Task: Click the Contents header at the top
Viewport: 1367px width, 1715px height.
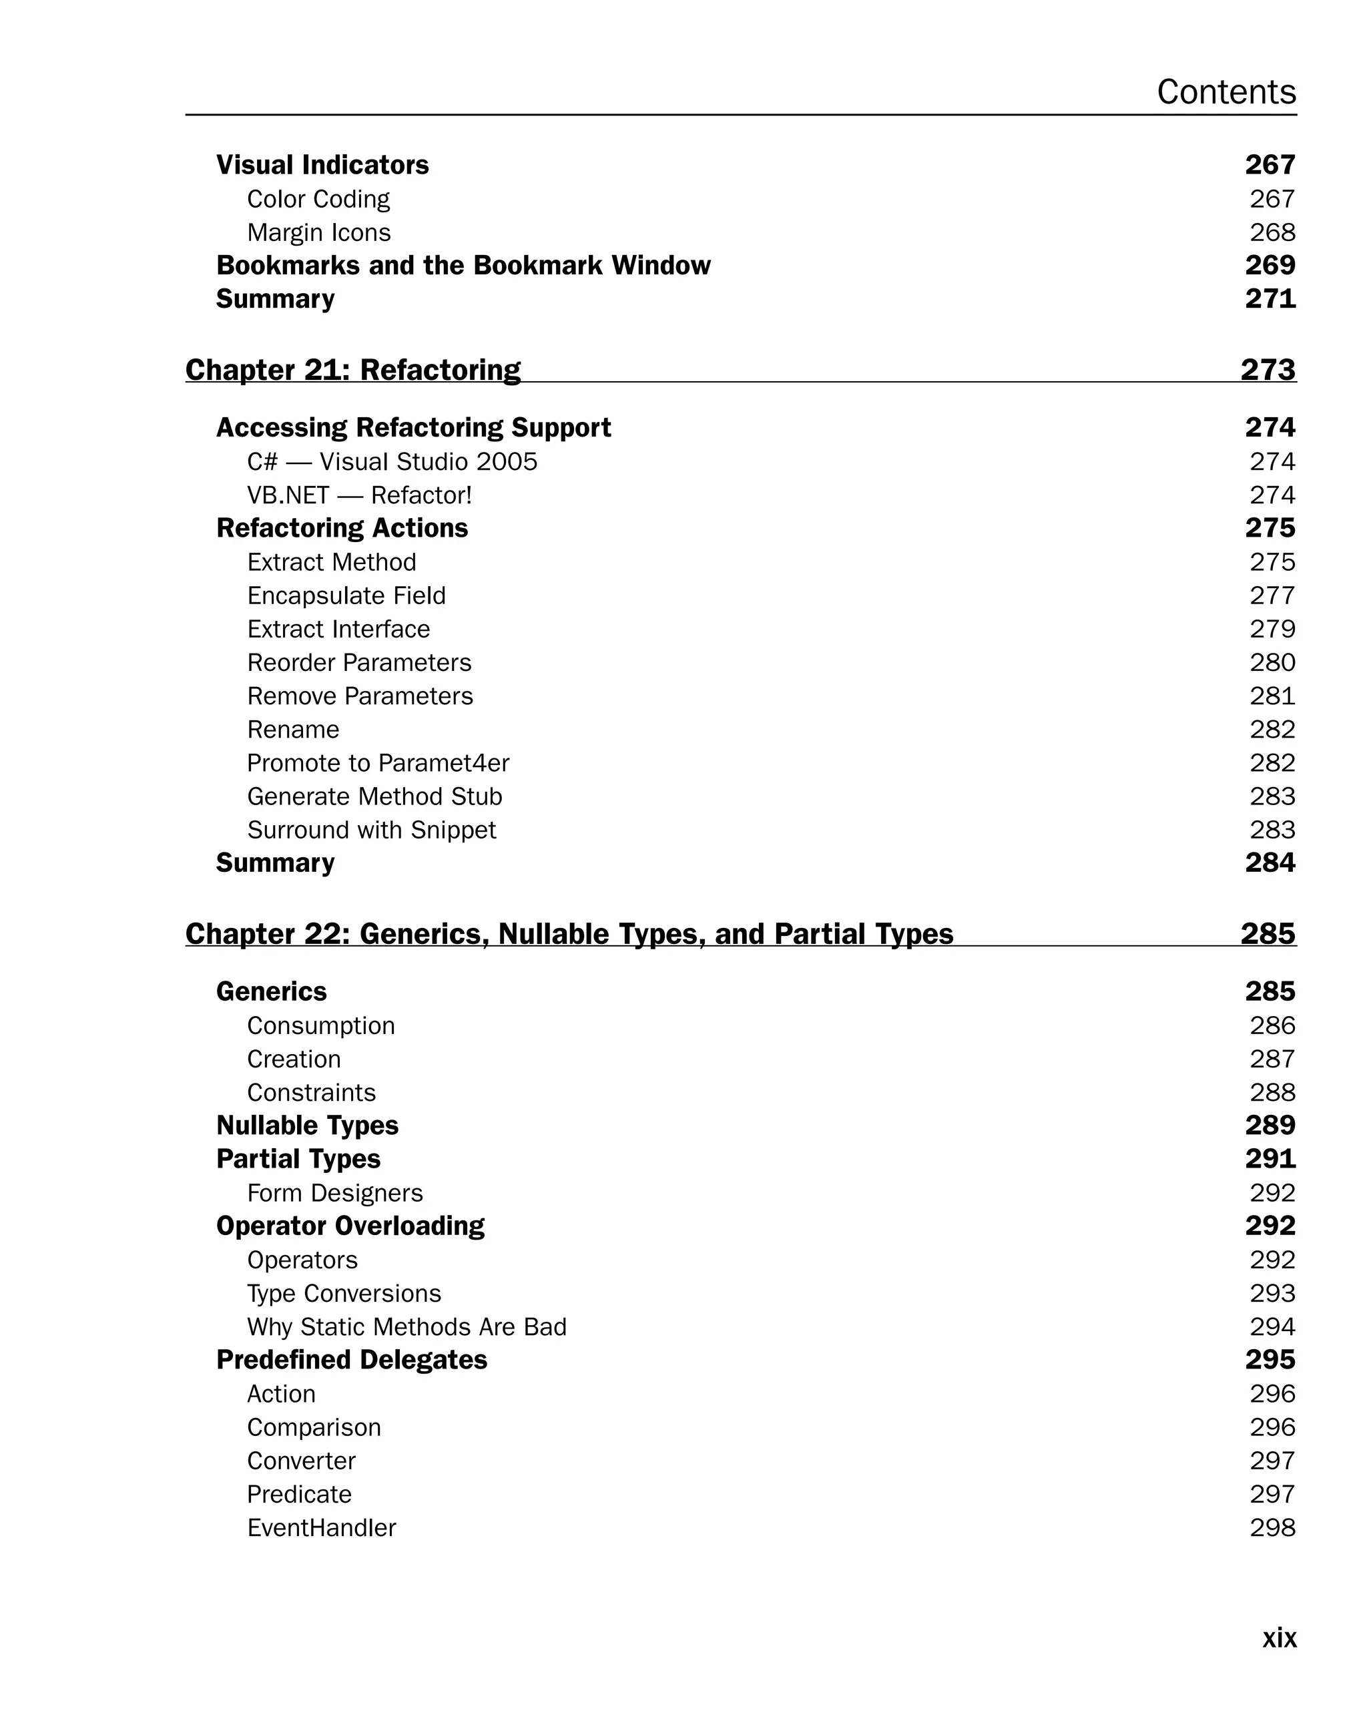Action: coord(1225,92)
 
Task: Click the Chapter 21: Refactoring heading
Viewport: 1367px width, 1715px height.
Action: coord(352,370)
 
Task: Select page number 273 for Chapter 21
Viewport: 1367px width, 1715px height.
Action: coord(1268,370)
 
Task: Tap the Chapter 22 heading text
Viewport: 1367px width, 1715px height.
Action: coord(569,934)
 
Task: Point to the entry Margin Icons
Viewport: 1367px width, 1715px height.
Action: coord(319,232)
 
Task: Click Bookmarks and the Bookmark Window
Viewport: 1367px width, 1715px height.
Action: coord(463,266)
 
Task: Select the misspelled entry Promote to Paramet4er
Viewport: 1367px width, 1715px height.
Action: coord(378,763)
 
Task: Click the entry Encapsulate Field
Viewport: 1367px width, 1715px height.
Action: coord(346,595)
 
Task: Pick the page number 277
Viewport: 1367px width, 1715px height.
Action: coord(1272,595)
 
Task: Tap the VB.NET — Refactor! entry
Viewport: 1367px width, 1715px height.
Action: coord(360,495)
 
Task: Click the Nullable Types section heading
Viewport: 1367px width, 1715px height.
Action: coord(307,1126)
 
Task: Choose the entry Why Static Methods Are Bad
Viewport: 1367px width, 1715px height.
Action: coord(406,1327)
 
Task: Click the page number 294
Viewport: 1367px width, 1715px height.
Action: coord(1272,1327)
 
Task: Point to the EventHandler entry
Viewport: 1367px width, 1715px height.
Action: coord(321,1528)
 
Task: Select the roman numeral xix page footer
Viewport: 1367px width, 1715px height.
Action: coord(1279,1637)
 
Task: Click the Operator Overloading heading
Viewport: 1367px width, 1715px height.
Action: coord(350,1226)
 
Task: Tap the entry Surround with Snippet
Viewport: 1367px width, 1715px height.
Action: coord(371,830)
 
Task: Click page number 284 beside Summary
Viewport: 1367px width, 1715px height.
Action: coord(1270,863)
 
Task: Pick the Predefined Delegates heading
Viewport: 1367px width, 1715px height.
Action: coord(352,1361)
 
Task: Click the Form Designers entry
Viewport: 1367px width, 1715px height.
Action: coord(335,1193)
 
